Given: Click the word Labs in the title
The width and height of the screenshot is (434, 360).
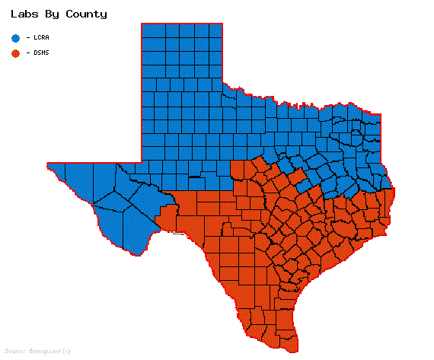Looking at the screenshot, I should (24, 14).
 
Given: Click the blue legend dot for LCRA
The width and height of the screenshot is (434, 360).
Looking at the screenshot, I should (15, 37).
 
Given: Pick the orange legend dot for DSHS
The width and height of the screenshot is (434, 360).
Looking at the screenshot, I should (15, 53).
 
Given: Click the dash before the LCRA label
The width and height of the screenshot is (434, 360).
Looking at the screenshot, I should (28, 37).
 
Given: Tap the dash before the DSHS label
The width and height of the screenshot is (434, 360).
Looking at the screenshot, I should (28, 53).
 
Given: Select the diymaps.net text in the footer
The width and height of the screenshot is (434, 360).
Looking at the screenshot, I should (44, 351).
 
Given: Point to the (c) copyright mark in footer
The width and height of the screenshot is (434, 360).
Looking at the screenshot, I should (67, 351).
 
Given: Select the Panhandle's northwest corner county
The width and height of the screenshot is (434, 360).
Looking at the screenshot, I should (149, 30).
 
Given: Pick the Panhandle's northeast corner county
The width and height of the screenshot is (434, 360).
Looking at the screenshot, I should (215, 30).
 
